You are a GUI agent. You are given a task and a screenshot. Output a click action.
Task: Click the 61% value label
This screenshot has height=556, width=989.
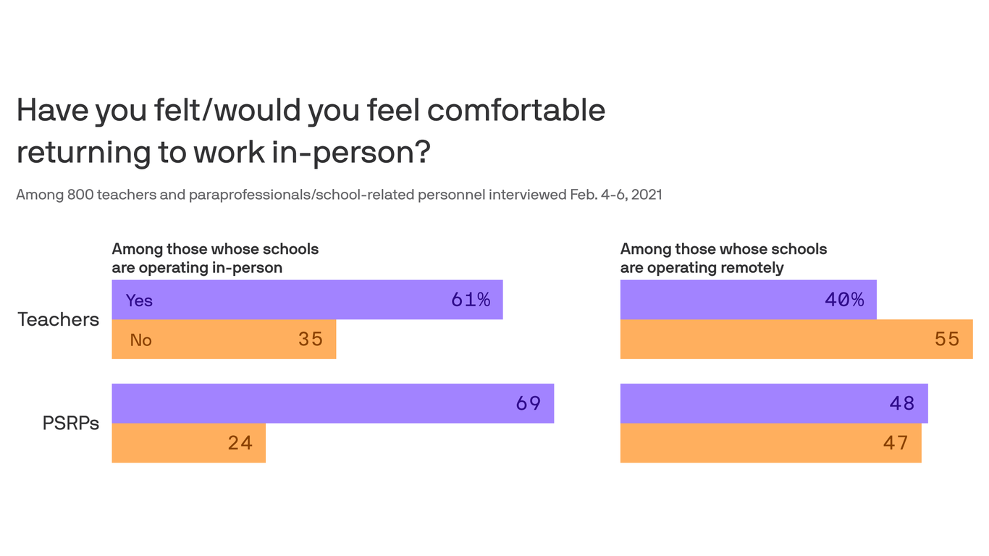pyautogui.click(x=471, y=300)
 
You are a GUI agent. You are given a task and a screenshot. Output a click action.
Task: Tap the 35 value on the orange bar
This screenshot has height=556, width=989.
pyautogui.click(x=311, y=339)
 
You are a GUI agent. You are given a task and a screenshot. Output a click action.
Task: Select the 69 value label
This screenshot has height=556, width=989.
pyautogui.click(x=529, y=403)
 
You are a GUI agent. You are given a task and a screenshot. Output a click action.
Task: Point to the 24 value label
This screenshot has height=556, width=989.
pyautogui.click(x=240, y=442)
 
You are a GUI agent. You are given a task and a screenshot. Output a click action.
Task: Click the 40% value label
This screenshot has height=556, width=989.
pyautogui.click(x=844, y=300)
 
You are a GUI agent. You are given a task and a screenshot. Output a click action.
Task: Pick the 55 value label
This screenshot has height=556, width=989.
pyautogui.click(x=947, y=339)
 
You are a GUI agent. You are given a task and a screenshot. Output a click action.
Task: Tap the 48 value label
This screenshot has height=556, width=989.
pyautogui.click(x=902, y=403)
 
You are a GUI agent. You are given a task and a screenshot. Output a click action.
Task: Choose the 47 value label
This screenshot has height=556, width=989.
pyautogui.click(x=896, y=442)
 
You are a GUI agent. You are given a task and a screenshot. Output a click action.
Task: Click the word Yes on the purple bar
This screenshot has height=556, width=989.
pyautogui.click(x=139, y=300)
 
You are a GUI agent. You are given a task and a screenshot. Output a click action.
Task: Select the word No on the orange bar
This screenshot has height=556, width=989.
pyautogui.click(x=140, y=340)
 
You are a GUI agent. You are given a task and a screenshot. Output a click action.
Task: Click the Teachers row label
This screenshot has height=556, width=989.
pyautogui.click(x=58, y=319)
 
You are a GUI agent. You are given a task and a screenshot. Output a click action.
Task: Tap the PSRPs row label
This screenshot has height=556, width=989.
pyautogui.click(x=70, y=423)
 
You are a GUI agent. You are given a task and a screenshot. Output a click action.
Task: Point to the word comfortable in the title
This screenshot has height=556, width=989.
pyautogui.click(x=516, y=110)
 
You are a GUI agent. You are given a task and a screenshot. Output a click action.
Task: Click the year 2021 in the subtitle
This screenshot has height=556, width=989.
pyautogui.click(x=646, y=195)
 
